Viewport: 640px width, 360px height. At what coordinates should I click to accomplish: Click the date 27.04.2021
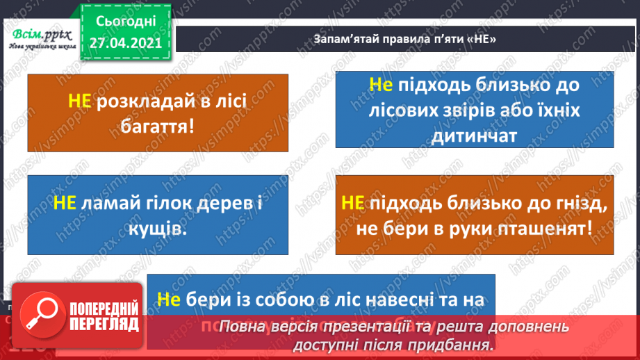[x=125, y=42]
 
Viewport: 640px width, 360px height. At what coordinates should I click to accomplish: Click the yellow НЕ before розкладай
[x=80, y=101]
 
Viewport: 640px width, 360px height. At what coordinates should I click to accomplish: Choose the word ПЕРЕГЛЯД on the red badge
[x=104, y=325]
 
